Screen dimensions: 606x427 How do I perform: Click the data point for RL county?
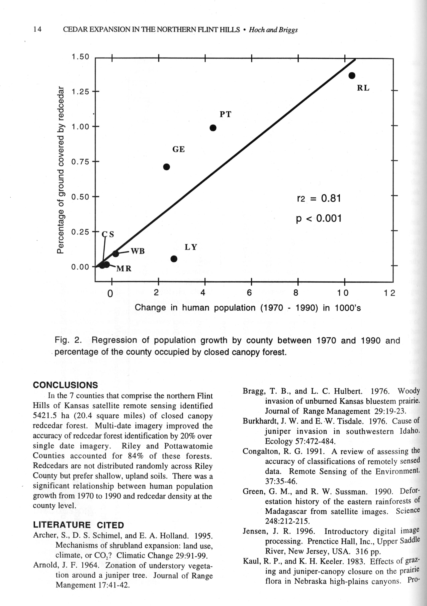tap(352, 75)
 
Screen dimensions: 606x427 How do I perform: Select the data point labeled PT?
tap(213, 128)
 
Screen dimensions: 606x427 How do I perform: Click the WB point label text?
tap(138, 251)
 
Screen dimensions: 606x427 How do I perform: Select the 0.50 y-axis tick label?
tap(80, 197)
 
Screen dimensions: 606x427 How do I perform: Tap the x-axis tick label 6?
tap(249, 293)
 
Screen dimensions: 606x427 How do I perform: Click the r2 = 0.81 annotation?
tap(319, 198)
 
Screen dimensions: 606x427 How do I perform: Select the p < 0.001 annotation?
tap(319, 219)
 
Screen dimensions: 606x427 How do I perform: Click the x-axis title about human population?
tap(248, 308)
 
